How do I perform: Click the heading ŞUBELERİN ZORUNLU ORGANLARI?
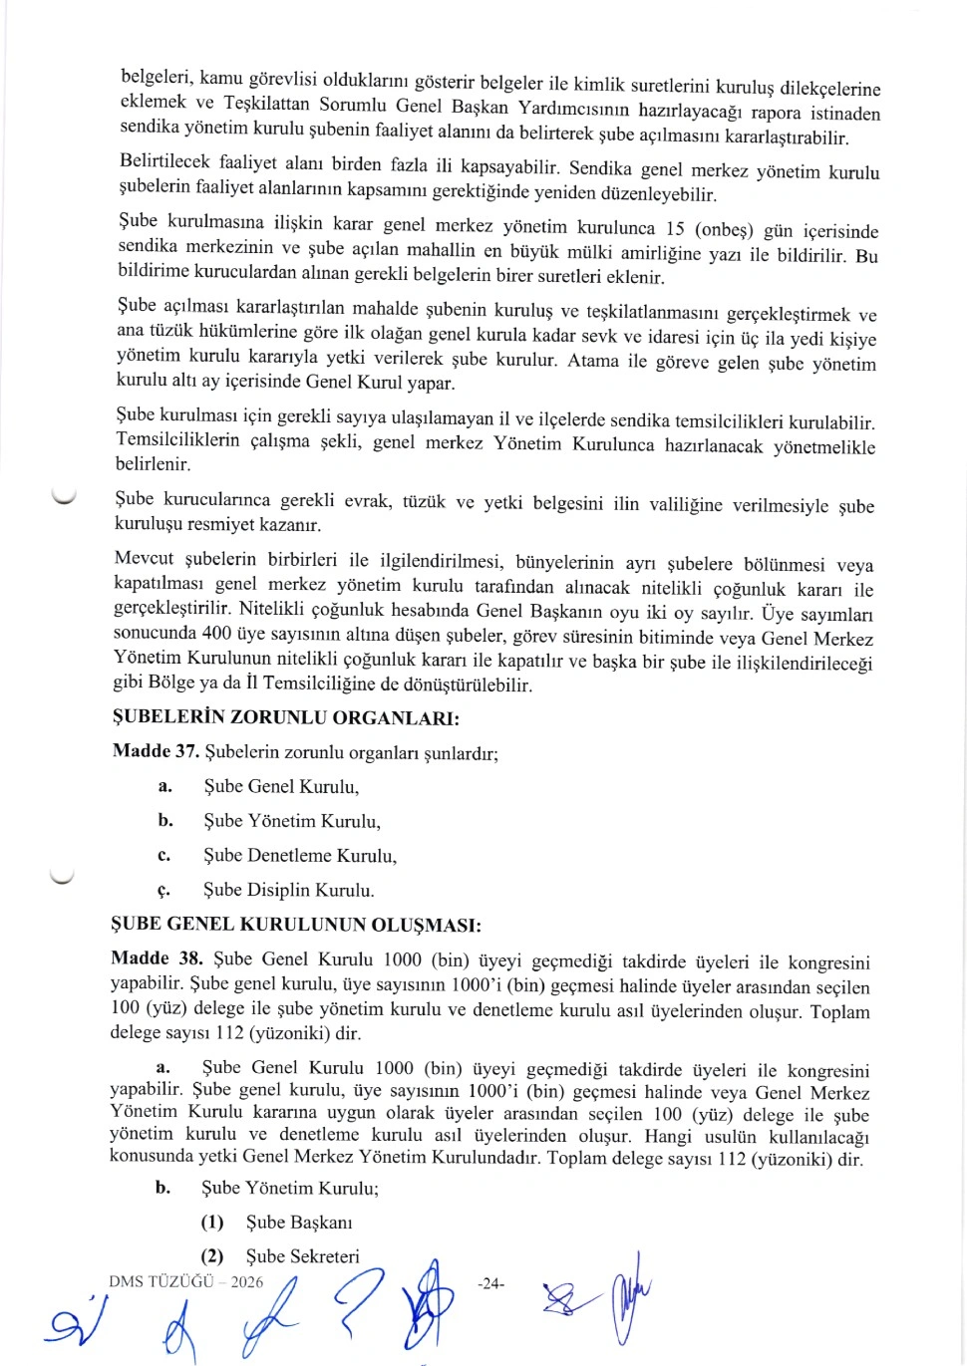tap(285, 717)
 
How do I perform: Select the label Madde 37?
tap(156, 751)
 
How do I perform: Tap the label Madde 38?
tap(157, 958)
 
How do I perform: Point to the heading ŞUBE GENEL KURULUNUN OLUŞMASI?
tap(295, 925)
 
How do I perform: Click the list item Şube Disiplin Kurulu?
tap(288, 890)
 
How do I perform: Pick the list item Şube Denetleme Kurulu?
tap(299, 855)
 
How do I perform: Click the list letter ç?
tap(163, 890)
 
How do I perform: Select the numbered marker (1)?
tap(212, 1222)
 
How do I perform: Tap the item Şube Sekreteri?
tap(302, 1256)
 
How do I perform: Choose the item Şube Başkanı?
tap(299, 1223)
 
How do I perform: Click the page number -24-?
tap(490, 1284)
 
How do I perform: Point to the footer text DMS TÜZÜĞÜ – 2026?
tap(186, 1281)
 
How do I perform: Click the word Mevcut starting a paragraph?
tap(144, 558)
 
